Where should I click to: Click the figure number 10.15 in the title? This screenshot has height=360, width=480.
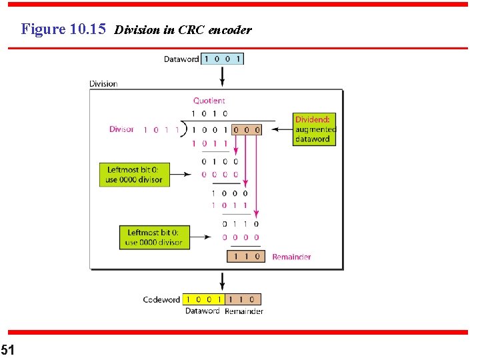pyautogui.click(x=88, y=29)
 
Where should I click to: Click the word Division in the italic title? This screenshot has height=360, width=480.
pyautogui.click(x=137, y=30)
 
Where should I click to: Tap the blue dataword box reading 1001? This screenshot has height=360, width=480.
pyautogui.click(x=223, y=59)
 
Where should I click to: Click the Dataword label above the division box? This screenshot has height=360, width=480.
pyautogui.click(x=181, y=59)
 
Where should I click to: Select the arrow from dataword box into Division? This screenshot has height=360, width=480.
pyautogui.click(x=223, y=75)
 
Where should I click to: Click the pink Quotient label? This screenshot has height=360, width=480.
pyautogui.click(x=209, y=101)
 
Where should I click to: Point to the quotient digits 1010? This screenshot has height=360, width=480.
pyautogui.click(x=209, y=114)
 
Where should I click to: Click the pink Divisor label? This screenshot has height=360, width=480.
pyautogui.click(x=121, y=129)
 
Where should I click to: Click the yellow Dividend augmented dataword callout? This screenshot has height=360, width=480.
pyautogui.click(x=315, y=129)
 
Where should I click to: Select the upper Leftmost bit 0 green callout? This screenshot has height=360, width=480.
pyautogui.click(x=134, y=175)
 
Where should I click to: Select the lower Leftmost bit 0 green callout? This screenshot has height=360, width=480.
pyautogui.click(x=153, y=237)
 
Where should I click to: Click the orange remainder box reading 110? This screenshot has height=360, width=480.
pyautogui.click(x=246, y=256)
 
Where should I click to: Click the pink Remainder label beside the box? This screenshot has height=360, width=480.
pyautogui.click(x=291, y=257)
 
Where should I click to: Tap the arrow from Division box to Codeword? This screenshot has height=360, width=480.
pyautogui.click(x=223, y=281)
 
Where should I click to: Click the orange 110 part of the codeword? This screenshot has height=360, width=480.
pyautogui.click(x=242, y=300)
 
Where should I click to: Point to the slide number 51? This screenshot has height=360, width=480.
pyautogui.click(x=7, y=349)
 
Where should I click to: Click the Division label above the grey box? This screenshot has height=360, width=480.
pyautogui.click(x=103, y=84)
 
